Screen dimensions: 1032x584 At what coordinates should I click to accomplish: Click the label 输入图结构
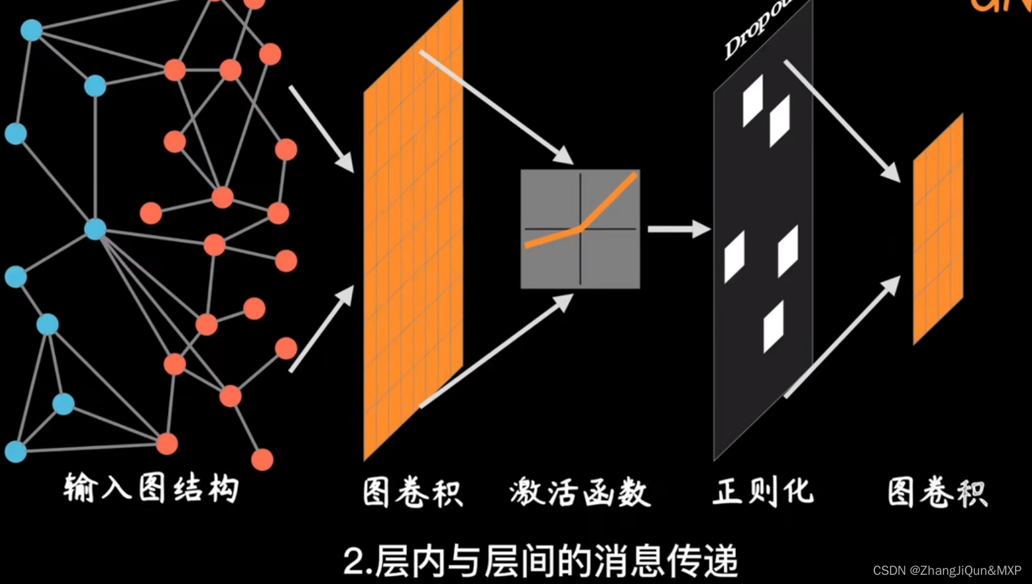point(151,489)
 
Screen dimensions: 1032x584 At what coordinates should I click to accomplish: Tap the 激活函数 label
point(580,493)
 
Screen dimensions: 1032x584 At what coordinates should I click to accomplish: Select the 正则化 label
point(763,491)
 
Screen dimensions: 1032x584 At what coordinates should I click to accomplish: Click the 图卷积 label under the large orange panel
point(413,493)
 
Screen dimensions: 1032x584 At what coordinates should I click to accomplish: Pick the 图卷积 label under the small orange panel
point(937,493)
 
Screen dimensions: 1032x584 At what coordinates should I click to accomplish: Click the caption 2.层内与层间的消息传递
point(540,561)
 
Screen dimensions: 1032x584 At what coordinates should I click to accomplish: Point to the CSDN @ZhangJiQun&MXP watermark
point(947,570)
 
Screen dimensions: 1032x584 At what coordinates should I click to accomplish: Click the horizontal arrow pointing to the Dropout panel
point(679,229)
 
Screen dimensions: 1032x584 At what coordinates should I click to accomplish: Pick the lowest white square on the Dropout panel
point(773,326)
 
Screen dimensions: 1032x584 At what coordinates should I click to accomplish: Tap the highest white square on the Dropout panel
point(753,100)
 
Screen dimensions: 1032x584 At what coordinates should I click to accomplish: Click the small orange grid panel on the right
point(938,230)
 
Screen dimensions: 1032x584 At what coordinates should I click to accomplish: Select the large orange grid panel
point(413,230)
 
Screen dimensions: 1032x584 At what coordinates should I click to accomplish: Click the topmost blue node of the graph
point(32,30)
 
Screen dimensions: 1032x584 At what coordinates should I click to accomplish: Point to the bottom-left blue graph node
point(16,451)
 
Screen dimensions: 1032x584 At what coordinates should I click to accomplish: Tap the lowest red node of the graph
point(262,459)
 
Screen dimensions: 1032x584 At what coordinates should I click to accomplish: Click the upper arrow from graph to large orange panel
point(322,129)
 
